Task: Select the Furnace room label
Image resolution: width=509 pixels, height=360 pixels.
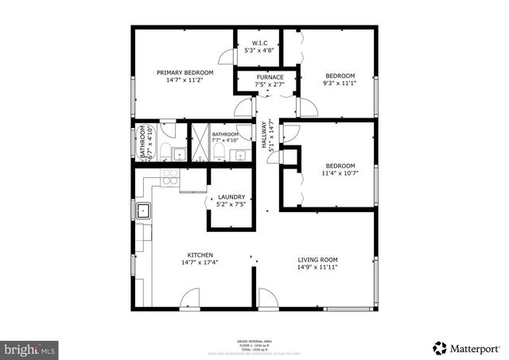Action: pyautogui.click(x=269, y=77)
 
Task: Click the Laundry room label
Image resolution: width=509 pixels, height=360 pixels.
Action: pyautogui.click(x=227, y=197)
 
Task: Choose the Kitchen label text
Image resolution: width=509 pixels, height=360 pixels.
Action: pyautogui.click(x=200, y=254)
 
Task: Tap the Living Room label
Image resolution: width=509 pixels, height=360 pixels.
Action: pyautogui.click(x=318, y=260)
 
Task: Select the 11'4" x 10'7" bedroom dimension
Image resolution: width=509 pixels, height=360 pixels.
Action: pyautogui.click(x=338, y=173)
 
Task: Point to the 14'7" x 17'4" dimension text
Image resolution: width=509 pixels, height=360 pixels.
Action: pyautogui.click(x=200, y=262)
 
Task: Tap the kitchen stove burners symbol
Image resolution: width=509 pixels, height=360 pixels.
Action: pyautogui.click(x=169, y=177)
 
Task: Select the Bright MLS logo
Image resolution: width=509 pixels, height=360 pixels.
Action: pyautogui.click(x=29, y=348)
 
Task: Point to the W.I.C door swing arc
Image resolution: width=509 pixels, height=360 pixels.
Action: pyautogui.click(x=227, y=57)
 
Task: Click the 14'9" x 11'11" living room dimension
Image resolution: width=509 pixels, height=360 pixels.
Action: pyautogui.click(x=318, y=268)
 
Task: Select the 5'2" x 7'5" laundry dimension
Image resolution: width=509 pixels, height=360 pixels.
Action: pyautogui.click(x=227, y=205)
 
